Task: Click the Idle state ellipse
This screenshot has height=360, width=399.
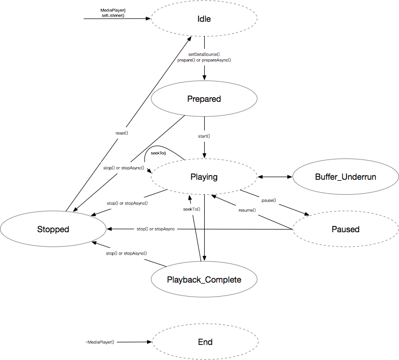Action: [x=204, y=19]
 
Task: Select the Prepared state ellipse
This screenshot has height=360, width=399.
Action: [x=204, y=99]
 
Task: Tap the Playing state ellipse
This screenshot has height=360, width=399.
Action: [x=204, y=177]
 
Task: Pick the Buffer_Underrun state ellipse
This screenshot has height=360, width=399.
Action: [x=345, y=177]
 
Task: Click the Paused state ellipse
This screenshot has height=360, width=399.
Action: [x=345, y=229]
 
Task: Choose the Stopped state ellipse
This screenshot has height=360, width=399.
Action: [x=53, y=229]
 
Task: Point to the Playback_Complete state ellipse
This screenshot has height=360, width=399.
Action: [x=204, y=279]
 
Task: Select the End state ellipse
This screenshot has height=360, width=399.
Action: [x=205, y=342]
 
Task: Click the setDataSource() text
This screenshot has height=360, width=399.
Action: [x=204, y=54]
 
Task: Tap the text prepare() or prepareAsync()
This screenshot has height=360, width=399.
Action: [x=204, y=60]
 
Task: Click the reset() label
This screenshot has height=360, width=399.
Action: [x=122, y=134]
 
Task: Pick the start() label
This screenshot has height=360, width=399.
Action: [x=204, y=136]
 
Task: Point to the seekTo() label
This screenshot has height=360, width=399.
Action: [x=191, y=209]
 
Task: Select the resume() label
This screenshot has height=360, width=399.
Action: [x=247, y=210]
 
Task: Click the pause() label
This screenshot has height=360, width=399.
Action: [x=269, y=201]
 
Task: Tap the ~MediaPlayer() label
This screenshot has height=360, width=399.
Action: [x=99, y=342]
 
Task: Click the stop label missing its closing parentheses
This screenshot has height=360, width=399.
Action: [x=156, y=229]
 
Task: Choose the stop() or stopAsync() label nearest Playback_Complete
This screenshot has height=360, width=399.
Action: [x=127, y=254]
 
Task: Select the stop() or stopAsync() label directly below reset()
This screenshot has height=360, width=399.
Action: [x=124, y=168]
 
